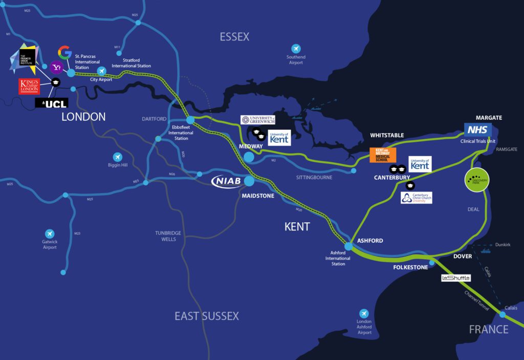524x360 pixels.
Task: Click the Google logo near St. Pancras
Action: click(64, 52)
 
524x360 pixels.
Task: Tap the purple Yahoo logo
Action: click(56, 67)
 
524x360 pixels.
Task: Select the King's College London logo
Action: click(29, 86)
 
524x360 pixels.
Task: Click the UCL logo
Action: click(52, 103)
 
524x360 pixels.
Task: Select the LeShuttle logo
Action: click(455, 278)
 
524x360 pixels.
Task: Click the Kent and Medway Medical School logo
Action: click(383, 155)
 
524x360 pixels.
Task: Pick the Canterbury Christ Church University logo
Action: click(416, 198)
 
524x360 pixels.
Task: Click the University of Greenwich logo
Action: click(258, 120)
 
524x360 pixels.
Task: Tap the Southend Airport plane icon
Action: click(296, 48)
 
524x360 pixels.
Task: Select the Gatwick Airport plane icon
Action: click(50, 233)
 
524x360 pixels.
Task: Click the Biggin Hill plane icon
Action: click(118, 157)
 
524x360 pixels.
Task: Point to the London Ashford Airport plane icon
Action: click(364, 313)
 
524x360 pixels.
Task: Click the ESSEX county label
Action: click(234, 36)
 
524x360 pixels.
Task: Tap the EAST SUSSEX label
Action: click(207, 316)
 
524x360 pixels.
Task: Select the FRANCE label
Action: click(489, 329)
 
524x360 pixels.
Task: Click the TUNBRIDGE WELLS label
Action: click(168, 236)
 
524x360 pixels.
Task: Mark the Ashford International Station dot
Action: click(348, 246)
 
